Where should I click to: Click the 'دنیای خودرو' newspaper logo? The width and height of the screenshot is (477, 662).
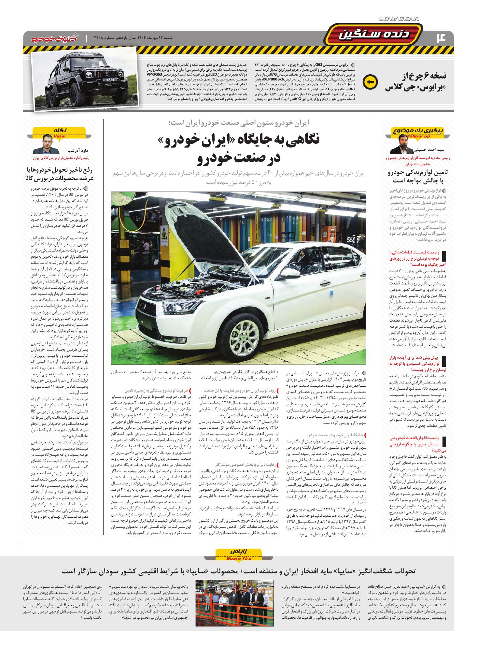click(x=53, y=39)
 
